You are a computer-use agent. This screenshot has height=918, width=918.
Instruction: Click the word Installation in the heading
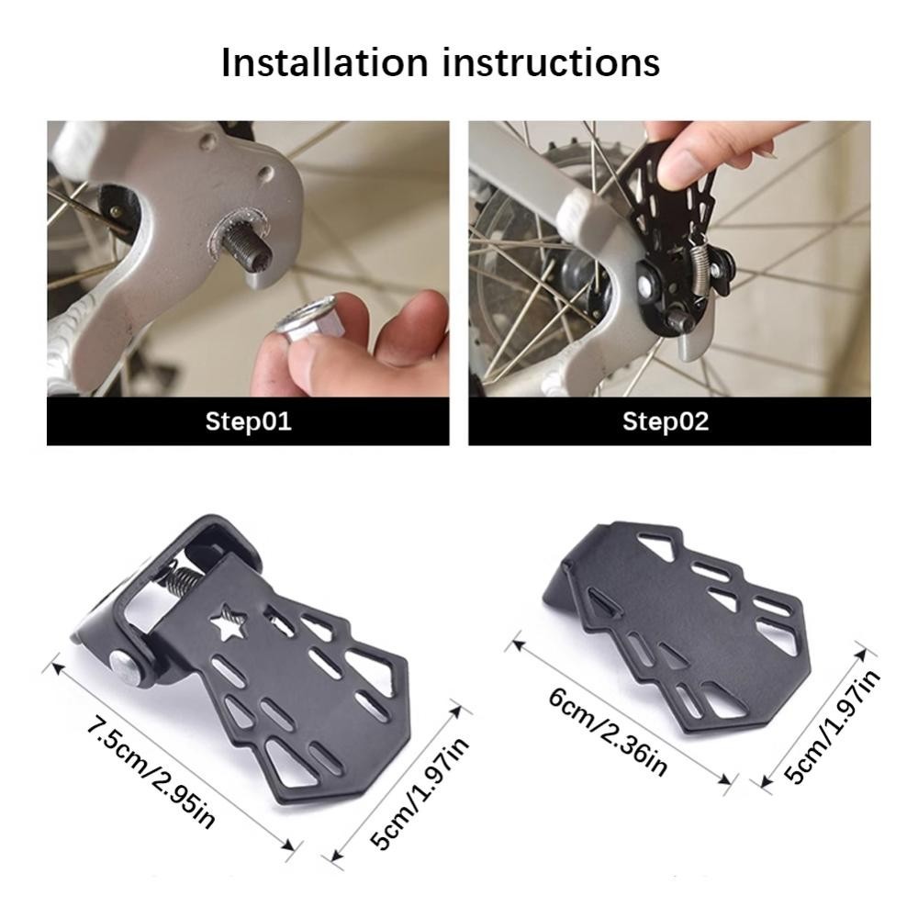(325, 62)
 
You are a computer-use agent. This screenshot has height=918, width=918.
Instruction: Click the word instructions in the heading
(552, 62)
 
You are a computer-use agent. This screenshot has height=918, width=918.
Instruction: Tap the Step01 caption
(248, 421)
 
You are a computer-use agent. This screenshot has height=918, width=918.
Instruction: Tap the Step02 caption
(666, 421)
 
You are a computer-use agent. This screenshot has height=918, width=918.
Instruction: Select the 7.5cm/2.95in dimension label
(151, 771)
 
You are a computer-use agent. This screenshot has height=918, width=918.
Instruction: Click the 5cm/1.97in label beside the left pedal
(420, 793)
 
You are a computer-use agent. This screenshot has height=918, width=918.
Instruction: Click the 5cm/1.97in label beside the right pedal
(832, 726)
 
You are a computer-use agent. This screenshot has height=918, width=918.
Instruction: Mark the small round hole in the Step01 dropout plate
(265, 173)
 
